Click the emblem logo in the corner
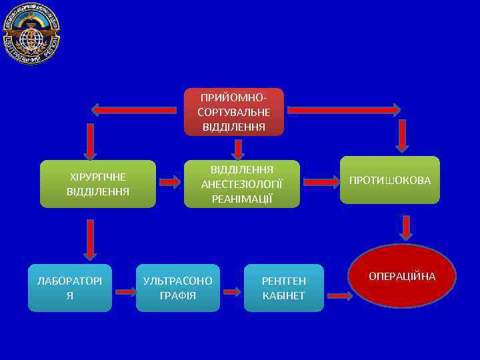coord(31,33)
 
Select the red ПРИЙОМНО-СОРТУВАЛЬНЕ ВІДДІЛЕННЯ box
coord(234,111)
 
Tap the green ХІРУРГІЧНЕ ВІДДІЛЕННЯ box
coord(98,184)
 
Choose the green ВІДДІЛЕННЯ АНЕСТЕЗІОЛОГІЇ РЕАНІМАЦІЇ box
coord(242,183)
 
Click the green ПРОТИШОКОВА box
coord(390,180)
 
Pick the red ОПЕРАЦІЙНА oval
coord(402,276)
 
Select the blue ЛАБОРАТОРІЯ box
coord(70,288)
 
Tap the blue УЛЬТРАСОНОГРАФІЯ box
coord(178,288)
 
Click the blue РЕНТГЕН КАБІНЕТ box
coord(284,288)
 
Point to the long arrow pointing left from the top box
coord(133,109)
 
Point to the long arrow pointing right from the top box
coord(343,109)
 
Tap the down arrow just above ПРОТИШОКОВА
coord(401,137)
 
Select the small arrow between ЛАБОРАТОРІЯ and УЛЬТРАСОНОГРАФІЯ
coord(124,291)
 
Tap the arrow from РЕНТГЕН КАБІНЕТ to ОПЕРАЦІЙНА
coord(339,295)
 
